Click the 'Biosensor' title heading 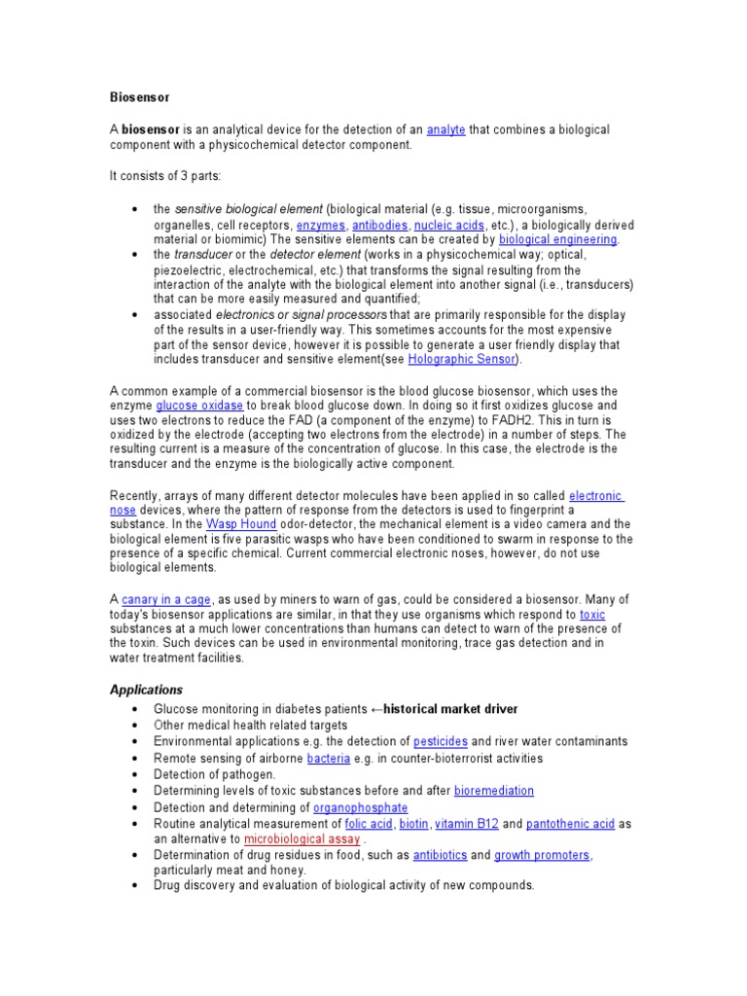tap(138, 97)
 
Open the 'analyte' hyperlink tap(446, 129)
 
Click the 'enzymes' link tap(320, 224)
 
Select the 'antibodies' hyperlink tap(380, 224)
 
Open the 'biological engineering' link tap(557, 238)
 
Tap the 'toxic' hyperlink tap(592, 615)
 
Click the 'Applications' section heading tap(145, 690)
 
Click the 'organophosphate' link tap(361, 808)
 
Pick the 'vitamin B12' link tap(467, 824)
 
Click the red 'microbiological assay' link tap(302, 838)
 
